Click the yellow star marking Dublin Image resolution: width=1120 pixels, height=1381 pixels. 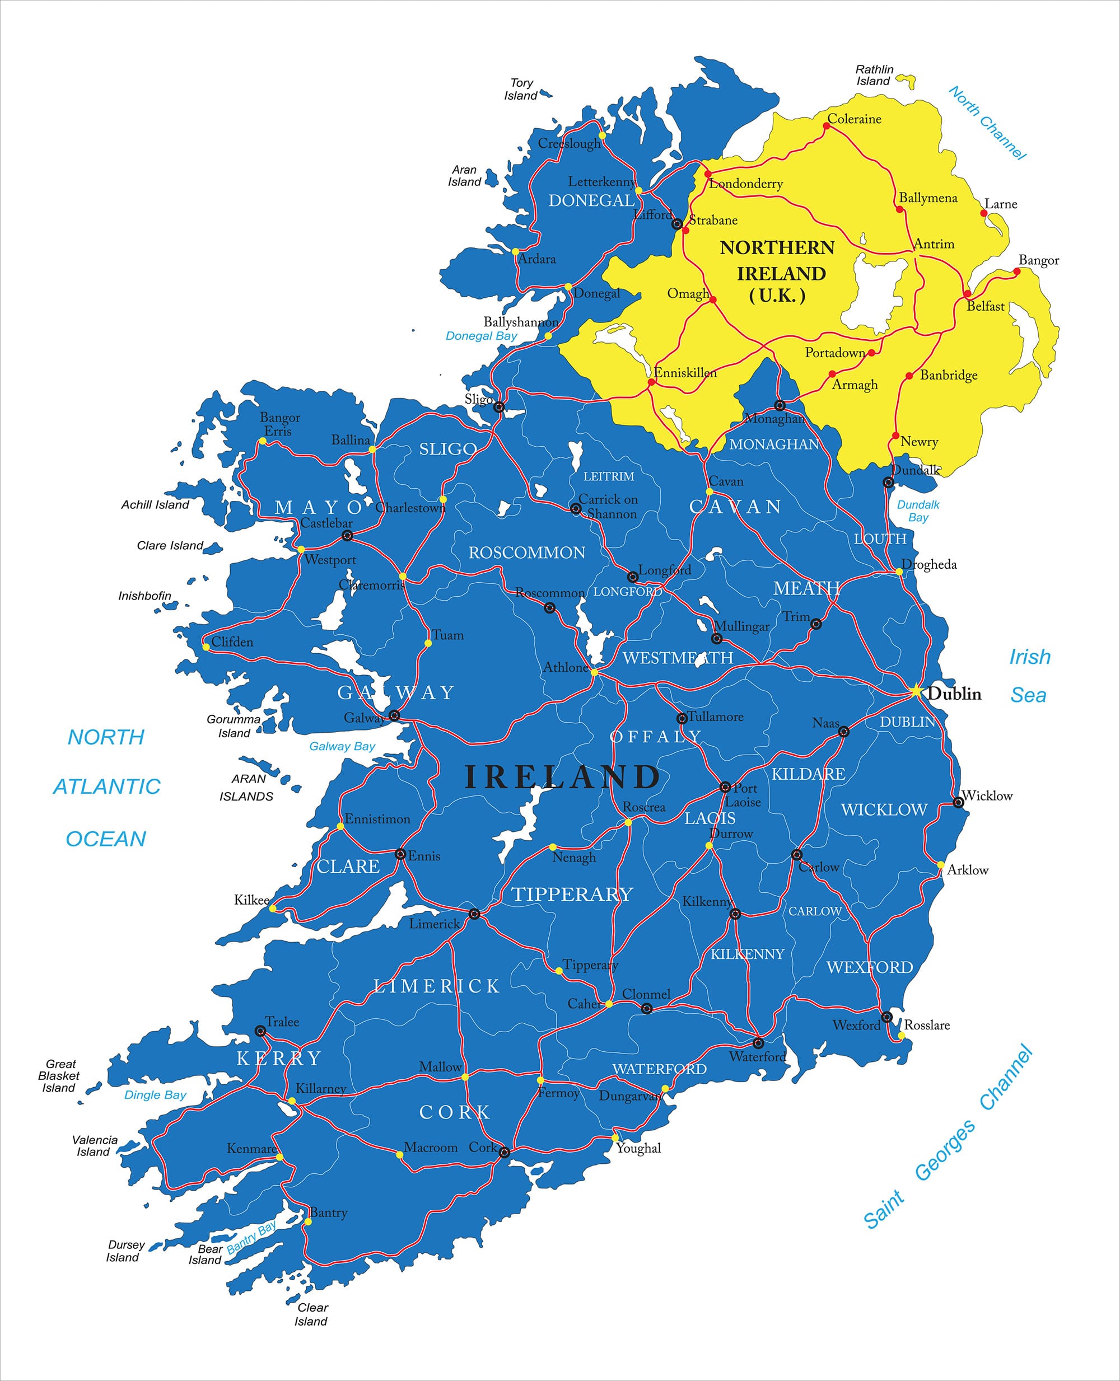(916, 691)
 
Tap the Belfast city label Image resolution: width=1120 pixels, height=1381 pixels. (985, 306)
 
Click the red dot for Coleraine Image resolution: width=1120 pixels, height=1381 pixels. (827, 126)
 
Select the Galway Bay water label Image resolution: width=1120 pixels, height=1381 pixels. (342, 746)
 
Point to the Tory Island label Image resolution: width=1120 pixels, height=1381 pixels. (521, 89)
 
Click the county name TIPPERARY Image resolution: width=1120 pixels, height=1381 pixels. (572, 894)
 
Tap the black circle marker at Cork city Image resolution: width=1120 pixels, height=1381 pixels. (505, 1153)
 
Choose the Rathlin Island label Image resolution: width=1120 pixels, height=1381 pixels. (874, 75)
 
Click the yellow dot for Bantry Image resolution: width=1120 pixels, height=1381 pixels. (309, 1221)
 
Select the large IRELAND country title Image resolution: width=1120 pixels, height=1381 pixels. (562, 777)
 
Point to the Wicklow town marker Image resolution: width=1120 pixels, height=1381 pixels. (958, 802)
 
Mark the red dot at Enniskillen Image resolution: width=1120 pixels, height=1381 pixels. (652, 382)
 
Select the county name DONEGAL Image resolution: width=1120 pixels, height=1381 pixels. (591, 200)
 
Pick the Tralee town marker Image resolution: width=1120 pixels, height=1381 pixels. (260, 1031)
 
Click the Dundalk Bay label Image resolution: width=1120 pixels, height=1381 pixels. (918, 511)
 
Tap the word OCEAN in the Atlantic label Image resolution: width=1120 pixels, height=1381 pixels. (106, 839)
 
